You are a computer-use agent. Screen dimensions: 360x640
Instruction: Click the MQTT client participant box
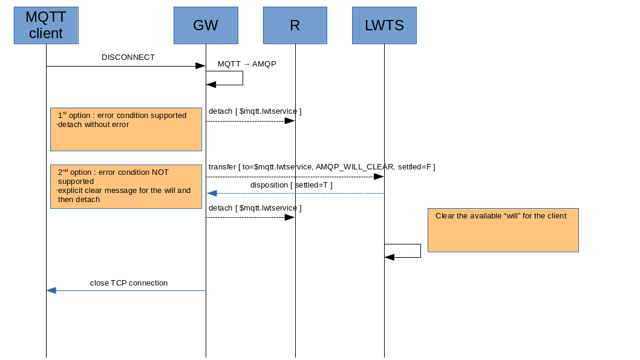point(46,25)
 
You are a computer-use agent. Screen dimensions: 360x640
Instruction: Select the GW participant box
point(206,25)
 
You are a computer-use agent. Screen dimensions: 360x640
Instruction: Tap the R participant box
point(295,25)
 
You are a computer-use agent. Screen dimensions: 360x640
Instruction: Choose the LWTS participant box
point(384,25)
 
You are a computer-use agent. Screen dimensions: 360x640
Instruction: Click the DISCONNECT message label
point(128,57)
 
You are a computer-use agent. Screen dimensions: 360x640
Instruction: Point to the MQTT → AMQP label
point(247,64)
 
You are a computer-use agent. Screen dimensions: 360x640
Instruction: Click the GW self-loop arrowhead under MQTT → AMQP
point(211,85)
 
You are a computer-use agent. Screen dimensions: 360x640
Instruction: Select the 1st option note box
point(126,129)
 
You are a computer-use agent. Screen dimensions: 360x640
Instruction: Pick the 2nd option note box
point(126,186)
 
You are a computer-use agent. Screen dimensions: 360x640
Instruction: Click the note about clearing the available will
point(503,230)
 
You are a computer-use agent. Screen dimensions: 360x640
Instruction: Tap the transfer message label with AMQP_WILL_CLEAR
point(322,166)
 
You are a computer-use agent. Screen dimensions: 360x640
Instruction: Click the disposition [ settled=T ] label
point(291,185)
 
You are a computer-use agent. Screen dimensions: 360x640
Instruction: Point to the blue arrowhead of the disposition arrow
point(212,193)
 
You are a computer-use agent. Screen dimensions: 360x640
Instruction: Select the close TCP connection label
point(129,283)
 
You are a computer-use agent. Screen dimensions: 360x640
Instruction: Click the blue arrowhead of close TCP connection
point(51,290)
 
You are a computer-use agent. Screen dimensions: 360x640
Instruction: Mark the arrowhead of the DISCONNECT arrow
point(200,66)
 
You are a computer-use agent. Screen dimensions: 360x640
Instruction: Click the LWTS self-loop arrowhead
point(390,257)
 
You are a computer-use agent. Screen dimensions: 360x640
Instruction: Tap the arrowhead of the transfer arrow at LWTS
point(379,177)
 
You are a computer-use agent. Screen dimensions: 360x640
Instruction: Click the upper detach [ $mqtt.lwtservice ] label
point(255,111)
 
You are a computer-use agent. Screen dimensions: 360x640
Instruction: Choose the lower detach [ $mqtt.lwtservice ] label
point(255,208)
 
